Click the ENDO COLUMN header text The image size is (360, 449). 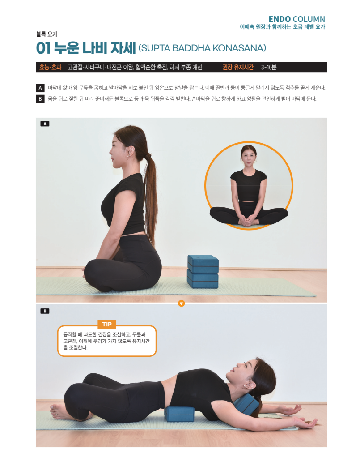tap(297, 19)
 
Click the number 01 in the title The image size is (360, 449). tap(43, 48)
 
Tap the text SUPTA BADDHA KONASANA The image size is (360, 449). tap(202, 48)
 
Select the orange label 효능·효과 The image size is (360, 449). tap(51, 67)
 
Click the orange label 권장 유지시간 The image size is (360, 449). tap(238, 67)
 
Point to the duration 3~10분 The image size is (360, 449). tap(268, 67)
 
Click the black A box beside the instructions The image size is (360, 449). tap(40, 88)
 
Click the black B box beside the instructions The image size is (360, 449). tap(40, 99)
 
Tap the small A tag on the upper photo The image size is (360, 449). tap(45, 124)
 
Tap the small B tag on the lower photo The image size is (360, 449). tap(45, 311)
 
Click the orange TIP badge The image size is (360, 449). tap(107, 324)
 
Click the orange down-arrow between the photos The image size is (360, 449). tap(181, 304)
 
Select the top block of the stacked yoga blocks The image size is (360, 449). tap(203, 264)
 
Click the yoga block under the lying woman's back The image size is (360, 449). tap(179, 414)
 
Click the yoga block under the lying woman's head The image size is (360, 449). tap(246, 403)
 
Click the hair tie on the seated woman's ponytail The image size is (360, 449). tap(148, 156)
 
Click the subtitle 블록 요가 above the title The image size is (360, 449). tap(47, 34)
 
